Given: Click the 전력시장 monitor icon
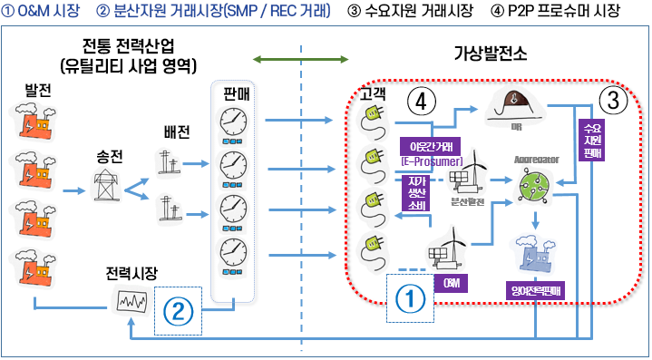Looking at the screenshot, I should tap(130, 299).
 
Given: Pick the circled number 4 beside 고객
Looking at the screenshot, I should tap(418, 100).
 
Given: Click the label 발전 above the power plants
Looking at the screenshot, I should tap(41, 92).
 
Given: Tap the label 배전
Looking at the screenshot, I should tap(177, 132).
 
